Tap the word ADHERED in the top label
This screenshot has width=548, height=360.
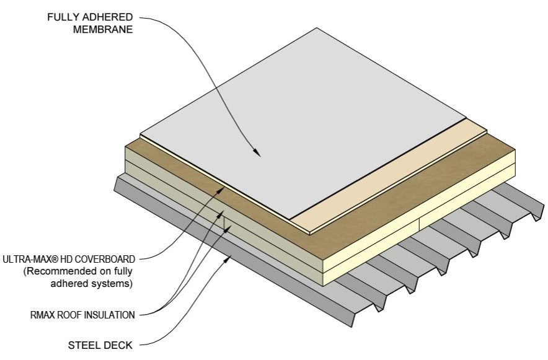108,16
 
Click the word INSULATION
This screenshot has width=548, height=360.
107,315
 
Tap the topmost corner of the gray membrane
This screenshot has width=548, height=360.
318,28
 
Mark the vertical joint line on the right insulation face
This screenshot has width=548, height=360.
420,225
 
